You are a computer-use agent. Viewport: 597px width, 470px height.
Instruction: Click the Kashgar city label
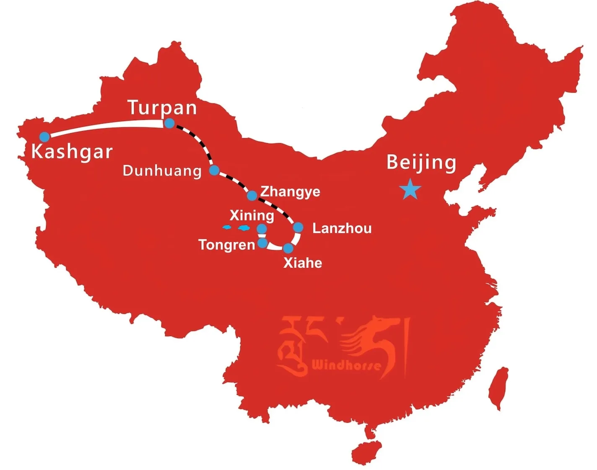[x=72, y=152]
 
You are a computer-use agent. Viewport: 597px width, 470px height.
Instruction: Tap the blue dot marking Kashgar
[x=45, y=137]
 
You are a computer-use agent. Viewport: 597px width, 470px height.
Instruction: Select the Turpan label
[x=162, y=108]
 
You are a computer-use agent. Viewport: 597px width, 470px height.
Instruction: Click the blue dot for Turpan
[x=169, y=123]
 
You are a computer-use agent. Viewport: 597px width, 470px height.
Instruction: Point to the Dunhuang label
[x=162, y=171]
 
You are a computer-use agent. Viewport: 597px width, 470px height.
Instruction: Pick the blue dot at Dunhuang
[x=214, y=170]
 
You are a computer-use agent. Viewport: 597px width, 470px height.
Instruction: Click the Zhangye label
[x=290, y=192]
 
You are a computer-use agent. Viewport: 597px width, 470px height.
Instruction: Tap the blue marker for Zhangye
[x=252, y=196]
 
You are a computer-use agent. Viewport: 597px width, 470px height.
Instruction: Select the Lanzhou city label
[x=342, y=228]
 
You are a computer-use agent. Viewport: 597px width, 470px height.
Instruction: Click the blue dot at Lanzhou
[x=298, y=227]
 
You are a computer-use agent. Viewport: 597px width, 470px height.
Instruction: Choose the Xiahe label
[x=303, y=263]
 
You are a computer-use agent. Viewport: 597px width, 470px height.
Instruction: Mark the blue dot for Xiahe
[x=288, y=248]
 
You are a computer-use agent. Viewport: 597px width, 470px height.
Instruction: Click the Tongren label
[x=226, y=245]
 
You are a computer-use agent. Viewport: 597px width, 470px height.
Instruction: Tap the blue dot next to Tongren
[x=262, y=243]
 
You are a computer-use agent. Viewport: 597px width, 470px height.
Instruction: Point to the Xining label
[x=252, y=216]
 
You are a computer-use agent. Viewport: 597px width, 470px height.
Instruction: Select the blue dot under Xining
[x=262, y=229]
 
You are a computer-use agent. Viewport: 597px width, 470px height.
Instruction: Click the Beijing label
[x=421, y=163]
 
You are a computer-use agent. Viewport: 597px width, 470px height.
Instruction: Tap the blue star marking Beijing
[x=410, y=190]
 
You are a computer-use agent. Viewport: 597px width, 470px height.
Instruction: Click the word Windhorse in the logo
[x=346, y=365]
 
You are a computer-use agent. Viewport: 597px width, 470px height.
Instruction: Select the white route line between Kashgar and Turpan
[x=105, y=126]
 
